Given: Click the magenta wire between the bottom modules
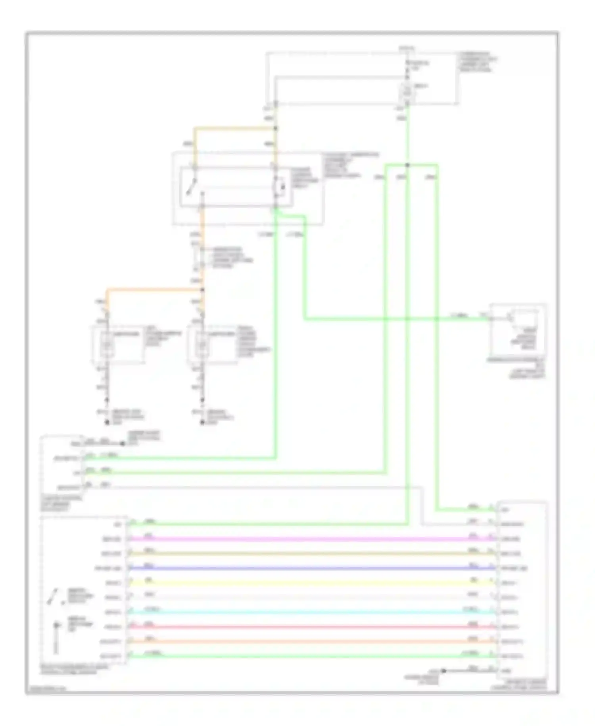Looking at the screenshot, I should coord(309,539).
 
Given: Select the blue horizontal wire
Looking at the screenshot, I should coord(309,568).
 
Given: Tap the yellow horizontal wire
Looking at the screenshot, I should coord(309,583).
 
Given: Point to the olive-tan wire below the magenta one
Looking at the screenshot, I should coord(309,554).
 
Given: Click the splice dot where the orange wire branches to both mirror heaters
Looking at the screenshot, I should coord(202,290).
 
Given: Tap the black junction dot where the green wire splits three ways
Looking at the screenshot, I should coord(407,165).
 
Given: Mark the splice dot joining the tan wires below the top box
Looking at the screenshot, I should coord(275,128).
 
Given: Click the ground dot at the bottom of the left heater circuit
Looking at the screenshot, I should coord(107,423).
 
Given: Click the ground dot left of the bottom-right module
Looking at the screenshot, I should coord(444,671).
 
